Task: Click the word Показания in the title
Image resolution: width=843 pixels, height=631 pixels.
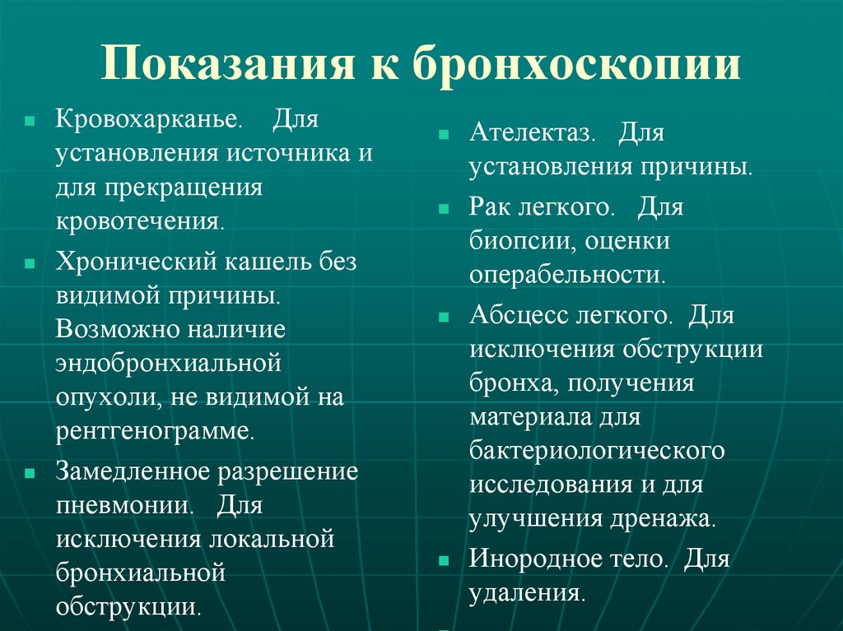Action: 221,63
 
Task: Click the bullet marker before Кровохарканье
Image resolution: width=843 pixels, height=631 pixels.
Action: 30,120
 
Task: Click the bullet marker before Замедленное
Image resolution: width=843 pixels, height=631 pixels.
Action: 30,474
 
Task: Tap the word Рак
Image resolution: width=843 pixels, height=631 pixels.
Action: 491,206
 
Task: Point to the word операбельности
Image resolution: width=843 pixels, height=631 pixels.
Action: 566,273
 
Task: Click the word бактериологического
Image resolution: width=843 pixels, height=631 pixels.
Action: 597,451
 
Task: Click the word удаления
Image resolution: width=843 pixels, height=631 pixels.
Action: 526,593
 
